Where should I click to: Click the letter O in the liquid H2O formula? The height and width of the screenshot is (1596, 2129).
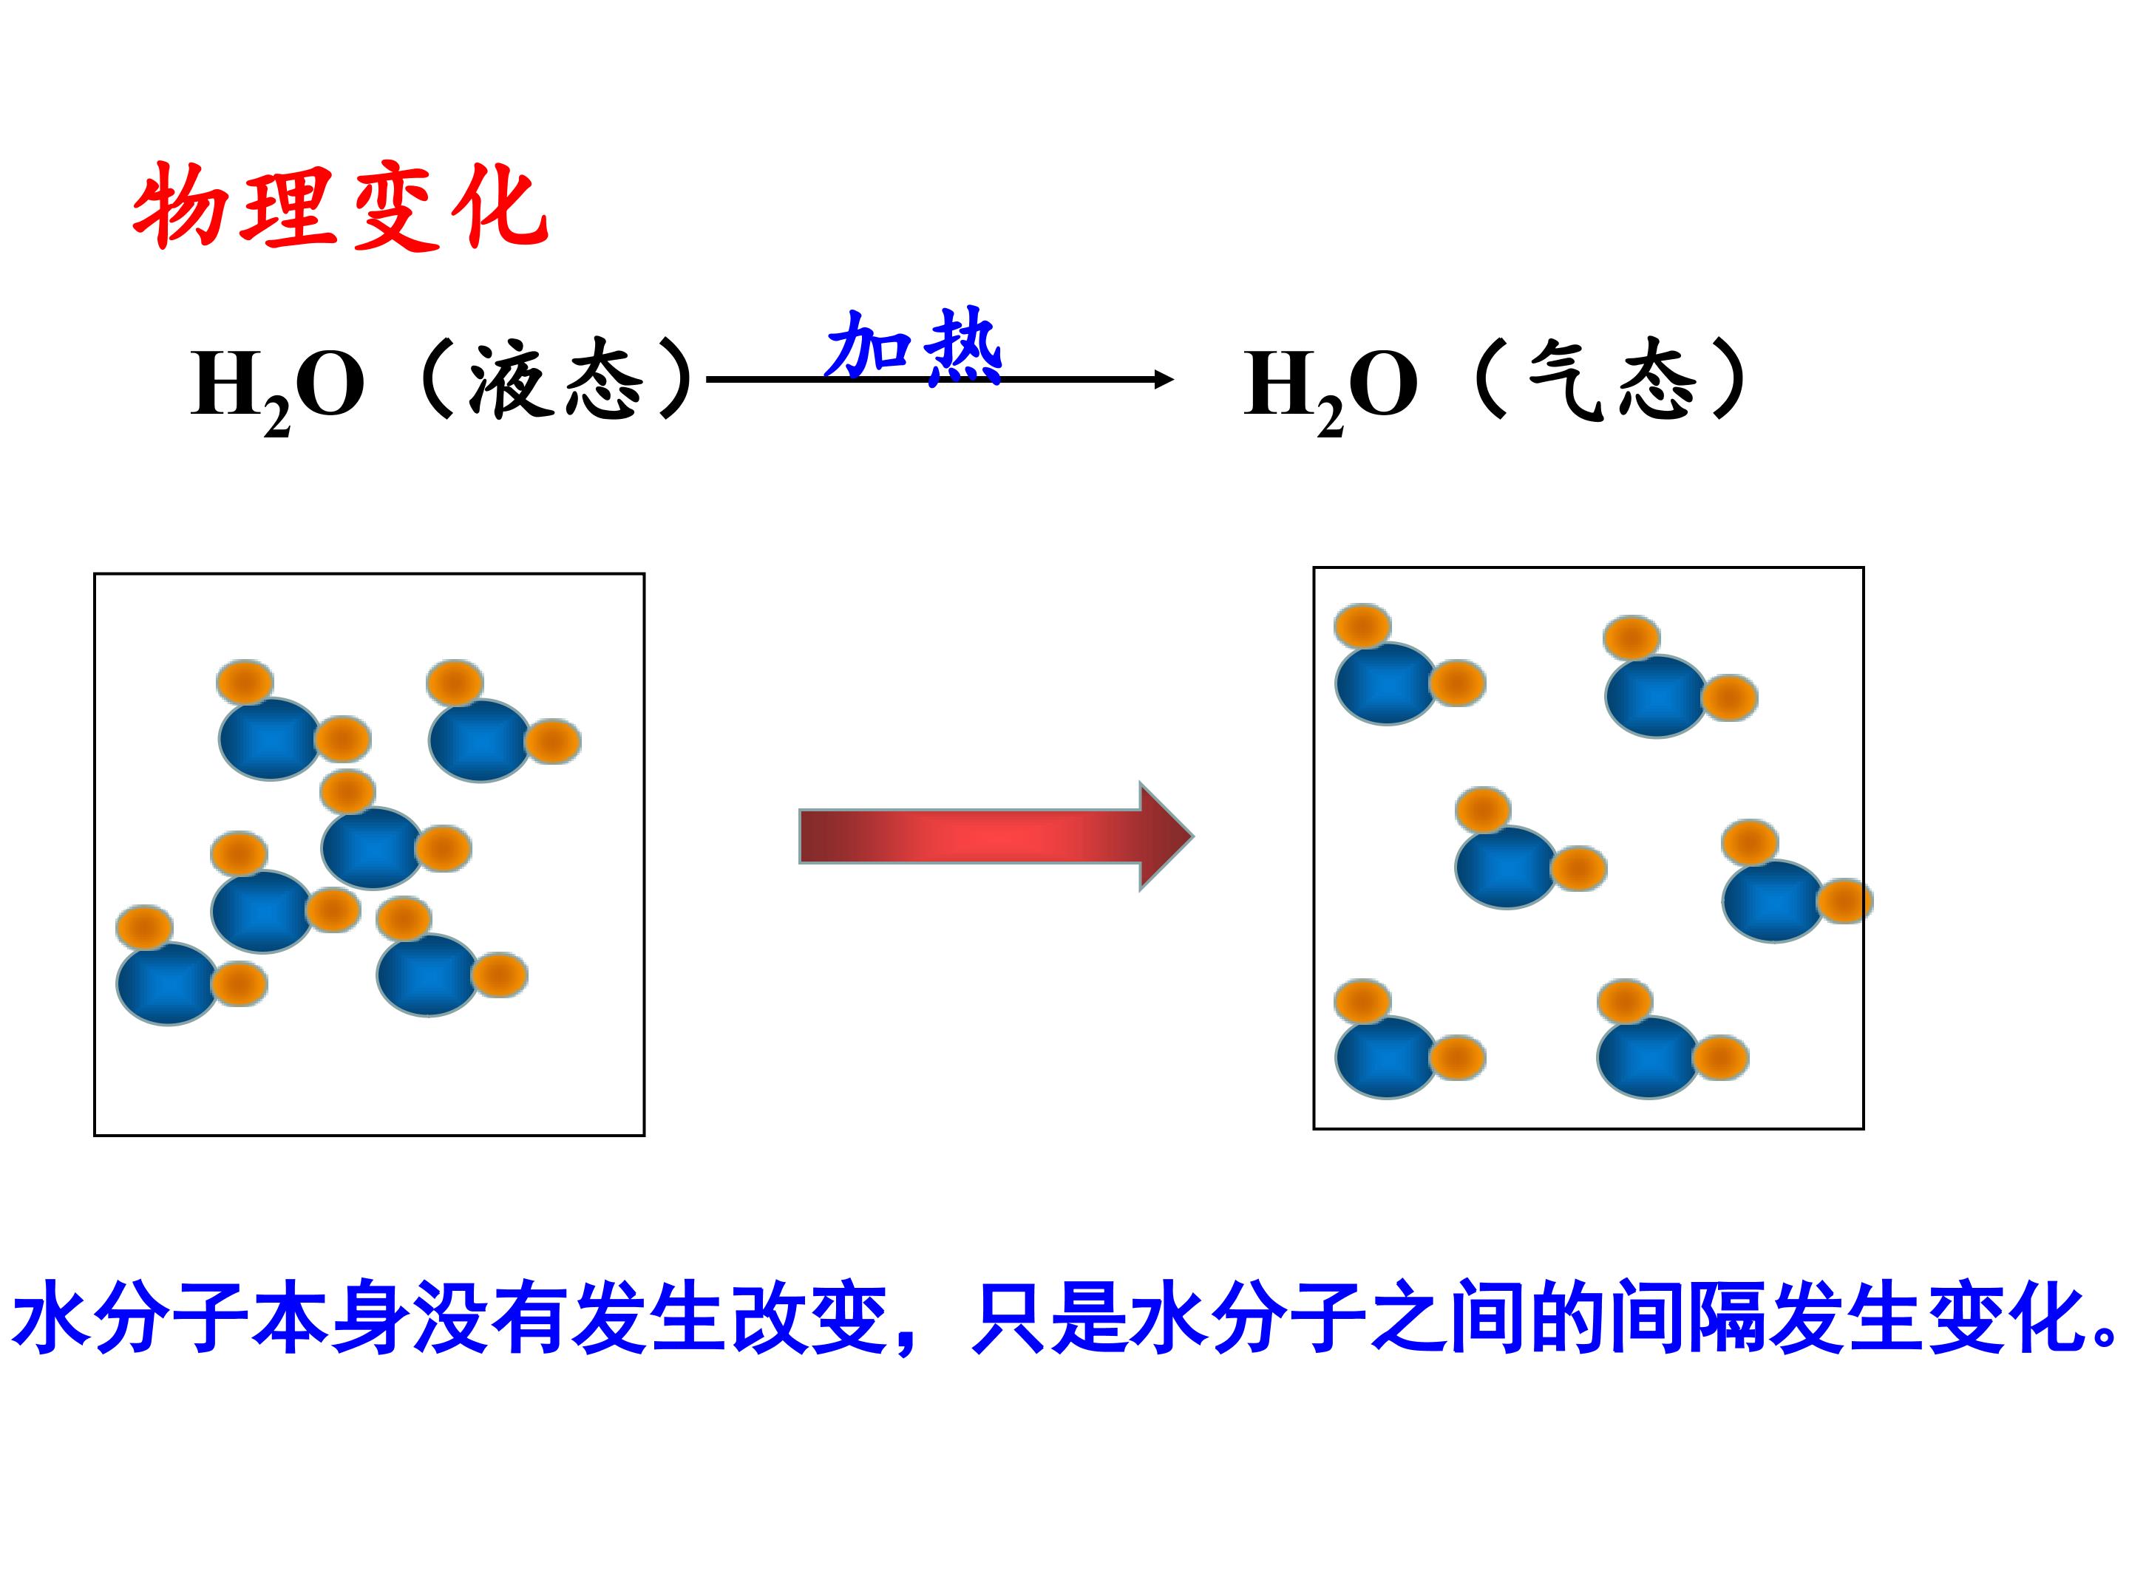(x=329, y=383)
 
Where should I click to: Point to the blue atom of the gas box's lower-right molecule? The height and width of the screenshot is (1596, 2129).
(x=1648, y=1057)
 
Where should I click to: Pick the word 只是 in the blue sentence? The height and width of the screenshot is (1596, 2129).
(x=1049, y=1316)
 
